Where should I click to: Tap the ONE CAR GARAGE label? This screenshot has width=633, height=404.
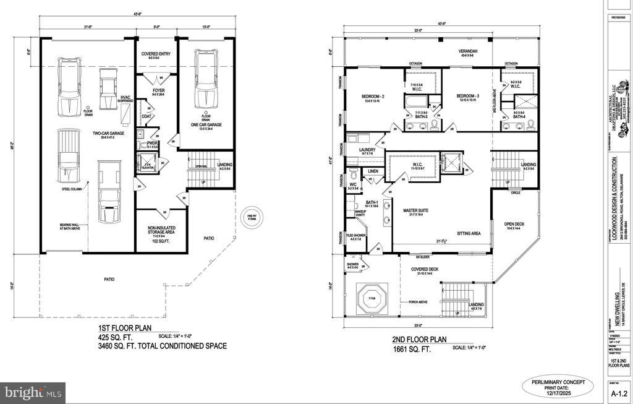click(x=206, y=124)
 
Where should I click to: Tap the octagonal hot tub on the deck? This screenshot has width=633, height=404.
click(x=373, y=299)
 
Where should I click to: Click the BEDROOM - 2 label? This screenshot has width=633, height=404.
click(x=373, y=96)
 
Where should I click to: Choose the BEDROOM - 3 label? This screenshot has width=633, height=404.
click(x=469, y=96)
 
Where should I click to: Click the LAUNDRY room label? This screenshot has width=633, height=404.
click(x=359, y=150)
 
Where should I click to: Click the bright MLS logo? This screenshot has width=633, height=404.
click(x=32, y=392)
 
